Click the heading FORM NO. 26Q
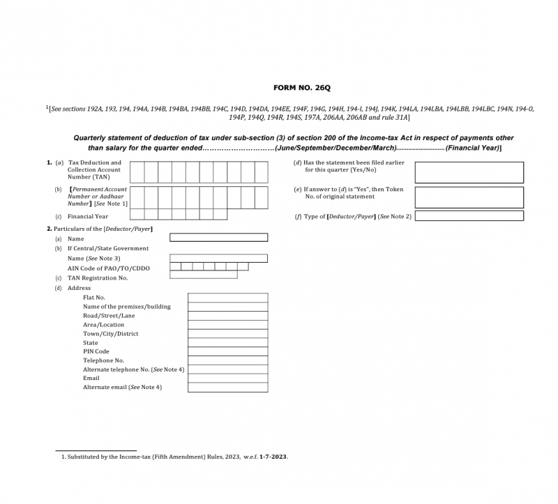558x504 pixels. (296, 89)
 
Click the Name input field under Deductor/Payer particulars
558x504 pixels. (218, 238)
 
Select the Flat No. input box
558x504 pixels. (227, 298)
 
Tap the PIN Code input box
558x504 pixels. (227, 351)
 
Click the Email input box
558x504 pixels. (227, 378)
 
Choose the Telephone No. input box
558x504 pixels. (227, 360)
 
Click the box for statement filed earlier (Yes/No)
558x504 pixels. (469, 172)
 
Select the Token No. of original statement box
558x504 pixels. (469, 197)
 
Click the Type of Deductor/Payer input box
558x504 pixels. (469, 216)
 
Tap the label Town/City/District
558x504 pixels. (110, 334)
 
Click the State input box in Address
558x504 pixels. (227, 342)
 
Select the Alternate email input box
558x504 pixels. (227, 387)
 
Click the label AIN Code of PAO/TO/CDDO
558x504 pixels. (108, 268)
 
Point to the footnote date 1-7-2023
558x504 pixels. (273, 457)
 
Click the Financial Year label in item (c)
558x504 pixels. (88, 217)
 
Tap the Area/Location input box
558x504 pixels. (227, 325)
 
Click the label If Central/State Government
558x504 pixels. (107, 248)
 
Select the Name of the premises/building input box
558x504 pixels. (227, 307)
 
